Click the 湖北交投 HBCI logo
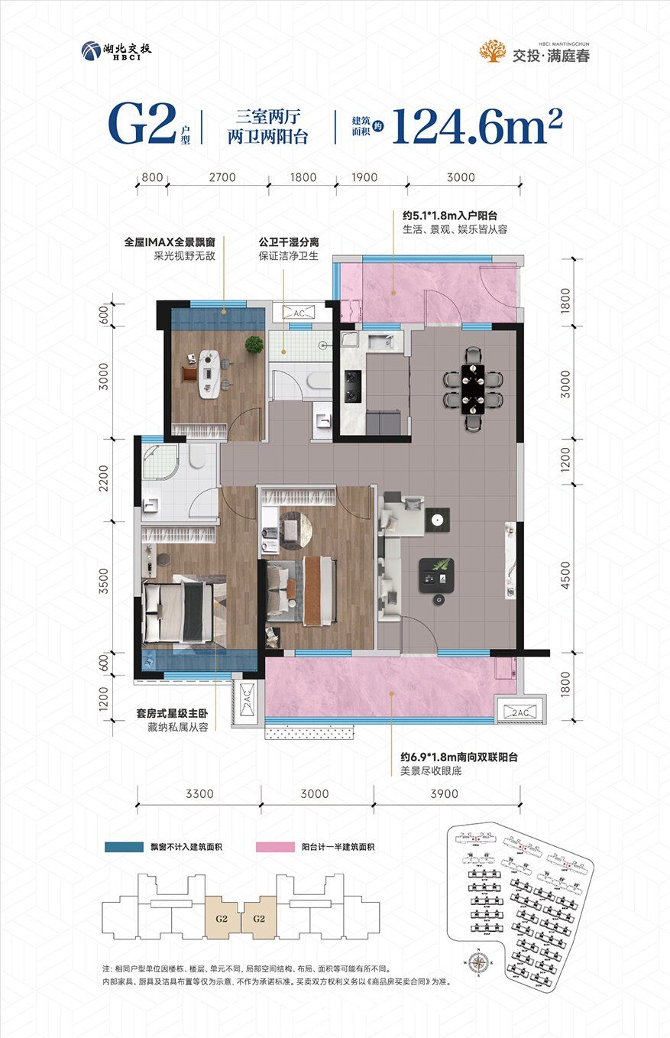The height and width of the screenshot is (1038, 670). click(x=116, y=50)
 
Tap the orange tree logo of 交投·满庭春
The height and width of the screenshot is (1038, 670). click(x=492, y=50)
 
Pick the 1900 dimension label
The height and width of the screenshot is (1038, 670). click(x=365, y=177)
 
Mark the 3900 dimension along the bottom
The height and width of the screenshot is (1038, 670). click(x=444, y=793)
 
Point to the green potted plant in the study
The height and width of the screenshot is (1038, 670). click(x=254, y=345)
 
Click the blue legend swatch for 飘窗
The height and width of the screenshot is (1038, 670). click(x=125, y=848)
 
